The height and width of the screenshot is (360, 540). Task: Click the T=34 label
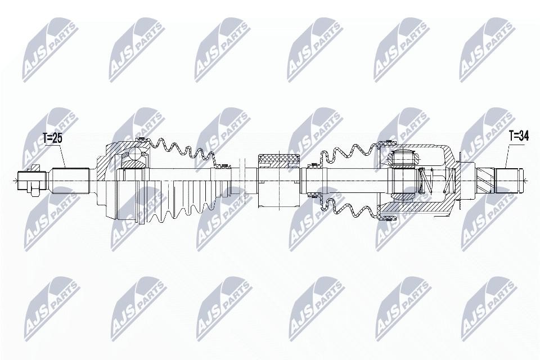click(x=519, y=137)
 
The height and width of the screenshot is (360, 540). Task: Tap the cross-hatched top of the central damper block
click(x=280, y=160)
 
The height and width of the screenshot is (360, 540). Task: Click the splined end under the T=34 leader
click(x=508, y=180)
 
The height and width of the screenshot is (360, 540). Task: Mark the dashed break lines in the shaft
click(x=244, y=181)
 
